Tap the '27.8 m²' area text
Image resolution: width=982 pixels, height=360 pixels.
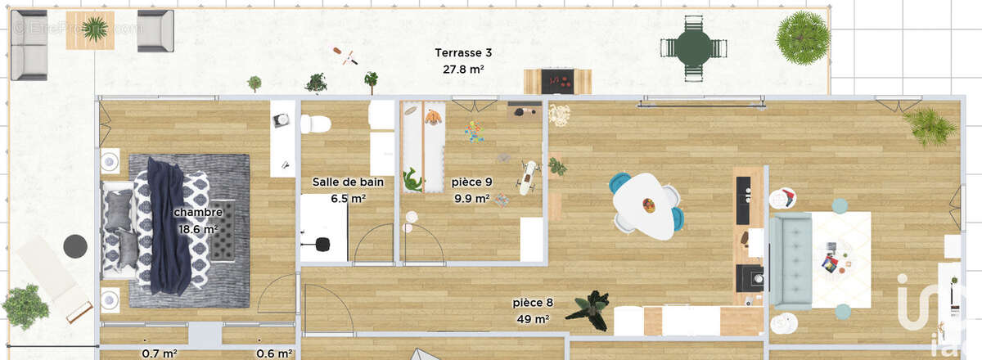463,70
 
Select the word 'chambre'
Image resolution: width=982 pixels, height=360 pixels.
198,213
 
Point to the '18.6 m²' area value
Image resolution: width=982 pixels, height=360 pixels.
198,229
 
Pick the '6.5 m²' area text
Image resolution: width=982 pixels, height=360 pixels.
347,198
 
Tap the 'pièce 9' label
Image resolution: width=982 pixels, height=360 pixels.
471,182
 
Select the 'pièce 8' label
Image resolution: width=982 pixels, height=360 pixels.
533,302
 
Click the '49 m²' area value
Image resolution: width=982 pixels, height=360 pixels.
532,318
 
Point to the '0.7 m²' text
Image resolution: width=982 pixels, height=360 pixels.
160,353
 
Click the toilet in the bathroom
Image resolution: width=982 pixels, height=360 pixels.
314,124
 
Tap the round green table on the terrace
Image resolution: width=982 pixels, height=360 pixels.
693,47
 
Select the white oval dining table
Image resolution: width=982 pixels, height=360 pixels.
646,205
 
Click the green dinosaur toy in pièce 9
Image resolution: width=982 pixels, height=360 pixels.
412,180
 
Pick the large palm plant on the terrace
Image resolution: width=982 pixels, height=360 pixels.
802,36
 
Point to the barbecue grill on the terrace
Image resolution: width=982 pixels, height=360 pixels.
557,80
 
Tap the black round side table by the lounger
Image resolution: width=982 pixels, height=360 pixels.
75,245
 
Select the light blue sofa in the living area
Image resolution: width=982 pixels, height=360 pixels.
789,259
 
